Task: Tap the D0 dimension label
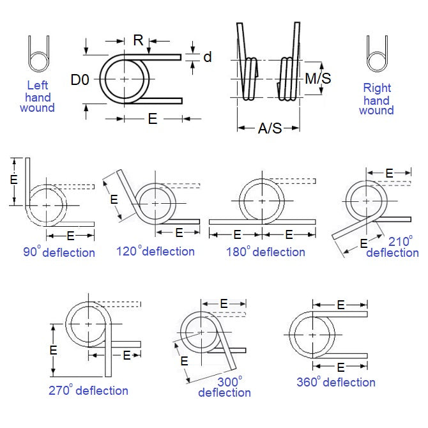(80, 80)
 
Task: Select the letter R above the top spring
(138, 40)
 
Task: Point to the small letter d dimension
(207, 57)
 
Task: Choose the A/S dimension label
(269, 128)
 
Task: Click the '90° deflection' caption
(59, 252)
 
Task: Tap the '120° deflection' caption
(155, 251)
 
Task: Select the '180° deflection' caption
(265, 252)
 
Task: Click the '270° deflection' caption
(88, 390)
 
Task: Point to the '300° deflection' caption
(224, 386)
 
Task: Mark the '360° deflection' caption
(335, 382)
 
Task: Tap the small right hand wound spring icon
(376, 54)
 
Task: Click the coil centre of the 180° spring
(262, 201)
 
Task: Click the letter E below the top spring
(153, 119)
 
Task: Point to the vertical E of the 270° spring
(54, 349)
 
